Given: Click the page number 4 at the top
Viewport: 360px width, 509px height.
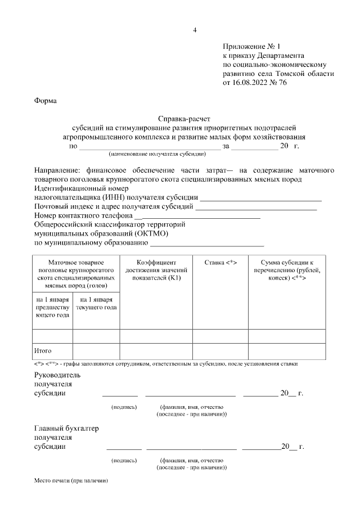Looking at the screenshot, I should point(194,30).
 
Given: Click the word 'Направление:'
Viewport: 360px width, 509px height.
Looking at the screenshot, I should point(57,170).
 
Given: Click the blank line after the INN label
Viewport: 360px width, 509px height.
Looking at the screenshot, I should point(261,197).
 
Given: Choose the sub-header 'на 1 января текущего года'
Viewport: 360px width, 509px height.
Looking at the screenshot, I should point(96,304).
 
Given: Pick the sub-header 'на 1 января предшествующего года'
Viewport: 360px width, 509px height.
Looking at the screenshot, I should point(52,308).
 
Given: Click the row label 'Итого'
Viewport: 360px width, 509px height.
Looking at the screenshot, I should point(43,350).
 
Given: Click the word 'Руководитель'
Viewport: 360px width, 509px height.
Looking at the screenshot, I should point(58,375).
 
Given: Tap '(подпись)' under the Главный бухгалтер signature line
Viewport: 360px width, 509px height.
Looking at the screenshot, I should point(124,460).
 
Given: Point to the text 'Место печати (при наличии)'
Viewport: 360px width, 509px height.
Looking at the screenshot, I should point(70,481).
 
